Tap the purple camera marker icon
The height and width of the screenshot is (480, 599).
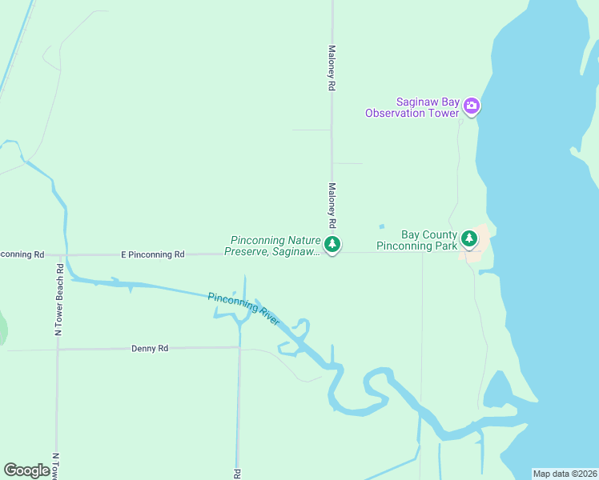pos(472,106)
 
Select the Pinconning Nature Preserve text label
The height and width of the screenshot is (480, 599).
pos(275,246)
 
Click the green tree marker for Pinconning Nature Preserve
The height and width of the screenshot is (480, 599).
pos(332,243)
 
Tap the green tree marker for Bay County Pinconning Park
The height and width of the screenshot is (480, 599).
pos(469,238)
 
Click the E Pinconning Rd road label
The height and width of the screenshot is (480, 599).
pos(152,254)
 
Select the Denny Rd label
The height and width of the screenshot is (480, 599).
pos(150,349)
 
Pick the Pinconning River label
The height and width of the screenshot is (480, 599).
pos(243,309)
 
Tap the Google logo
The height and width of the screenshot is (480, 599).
pos(26,470)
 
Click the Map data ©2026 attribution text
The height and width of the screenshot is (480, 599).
pos(564,474)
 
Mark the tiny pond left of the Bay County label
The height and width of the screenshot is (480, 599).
pos(381,226)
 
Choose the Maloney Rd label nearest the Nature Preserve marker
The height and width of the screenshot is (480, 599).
pos(331,206)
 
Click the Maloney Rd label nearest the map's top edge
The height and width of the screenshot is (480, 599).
pos(331,67)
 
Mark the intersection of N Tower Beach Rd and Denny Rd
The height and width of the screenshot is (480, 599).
pos(58,350)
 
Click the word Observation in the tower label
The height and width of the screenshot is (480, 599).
pos(396,113)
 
